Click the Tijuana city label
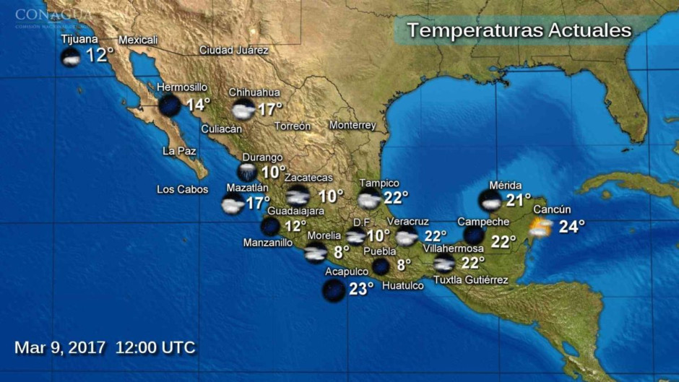tap(79, 39)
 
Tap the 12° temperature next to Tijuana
tap(100, 56)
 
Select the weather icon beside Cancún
tap(540, 228)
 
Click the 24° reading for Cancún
tap(571, 227)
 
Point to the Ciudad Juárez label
tap(234, 51)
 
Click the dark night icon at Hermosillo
tap(170, 105)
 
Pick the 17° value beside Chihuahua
tap(270, 110)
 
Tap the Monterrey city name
tap(353, 126)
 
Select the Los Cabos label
tap(182, 190)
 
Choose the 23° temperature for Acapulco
tap(361, 289)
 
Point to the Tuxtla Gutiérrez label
tap(470, 280)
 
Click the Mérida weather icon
tap(490, 200)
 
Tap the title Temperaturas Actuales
tap(519, 30)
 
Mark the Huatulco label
tap(402, 285)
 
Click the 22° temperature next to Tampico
tap(396, 197)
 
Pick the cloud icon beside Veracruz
tap(407, 237)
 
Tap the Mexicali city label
tap(138, 40)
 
